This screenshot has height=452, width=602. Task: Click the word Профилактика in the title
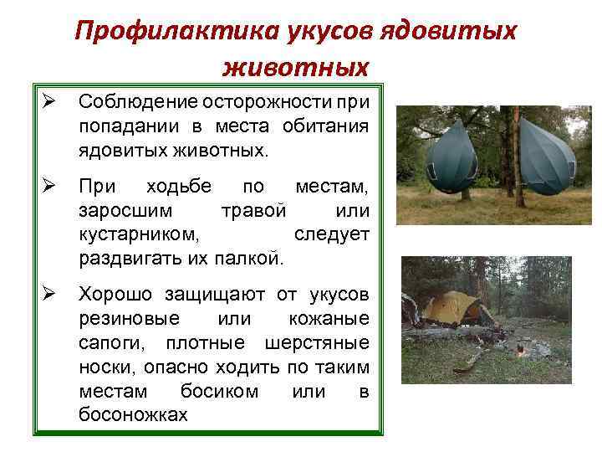point(164,31)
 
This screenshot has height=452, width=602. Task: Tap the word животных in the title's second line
point(296,64)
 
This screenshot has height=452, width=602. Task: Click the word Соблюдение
point(133,102)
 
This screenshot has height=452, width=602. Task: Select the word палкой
point(250,257)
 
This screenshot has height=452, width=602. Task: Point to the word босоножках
point(133,414)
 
